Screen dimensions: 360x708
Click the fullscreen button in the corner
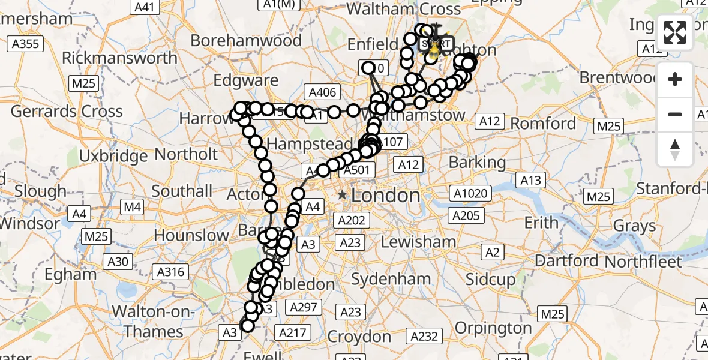(675, 32)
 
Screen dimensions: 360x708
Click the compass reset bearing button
(675, 149)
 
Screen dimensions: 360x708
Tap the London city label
(385, 195)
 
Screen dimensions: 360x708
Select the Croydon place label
(359, 337)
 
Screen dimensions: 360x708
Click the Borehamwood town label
(246, 41)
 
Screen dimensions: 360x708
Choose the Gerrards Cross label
(67, 111)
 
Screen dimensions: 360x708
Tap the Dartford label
(567, 261)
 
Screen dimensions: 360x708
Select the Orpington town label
(493, 328)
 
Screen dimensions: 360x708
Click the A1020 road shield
(472, 194)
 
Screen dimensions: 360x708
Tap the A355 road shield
(25, 43)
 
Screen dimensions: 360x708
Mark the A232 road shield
(425, 337)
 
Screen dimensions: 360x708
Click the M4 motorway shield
(133, 208)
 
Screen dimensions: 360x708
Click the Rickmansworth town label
(119, 58)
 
